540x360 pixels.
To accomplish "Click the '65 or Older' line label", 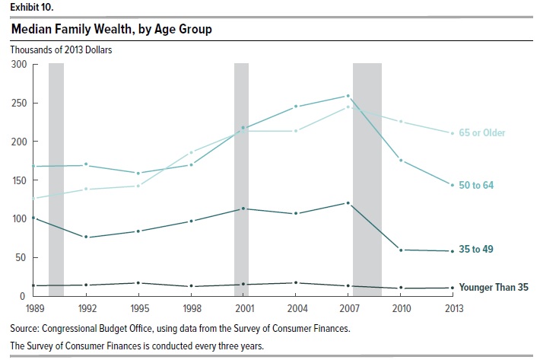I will [484, 133].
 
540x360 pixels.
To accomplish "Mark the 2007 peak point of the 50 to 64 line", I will [348, 96].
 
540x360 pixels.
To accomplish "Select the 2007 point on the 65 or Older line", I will [348, 107].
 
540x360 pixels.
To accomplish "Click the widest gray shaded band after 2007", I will [367, 180].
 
